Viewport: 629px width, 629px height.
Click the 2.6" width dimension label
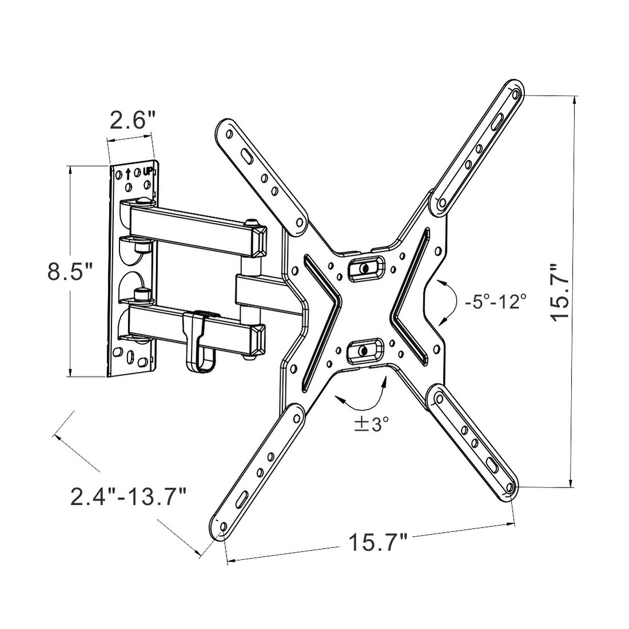[133, 121]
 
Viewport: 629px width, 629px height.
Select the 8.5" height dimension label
[70, 271]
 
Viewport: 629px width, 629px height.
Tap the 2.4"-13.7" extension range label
[129, 496]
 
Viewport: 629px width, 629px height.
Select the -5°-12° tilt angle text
[496, 301]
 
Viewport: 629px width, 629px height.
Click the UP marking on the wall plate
[148, 171]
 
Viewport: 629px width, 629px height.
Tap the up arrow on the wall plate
[128, 173]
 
